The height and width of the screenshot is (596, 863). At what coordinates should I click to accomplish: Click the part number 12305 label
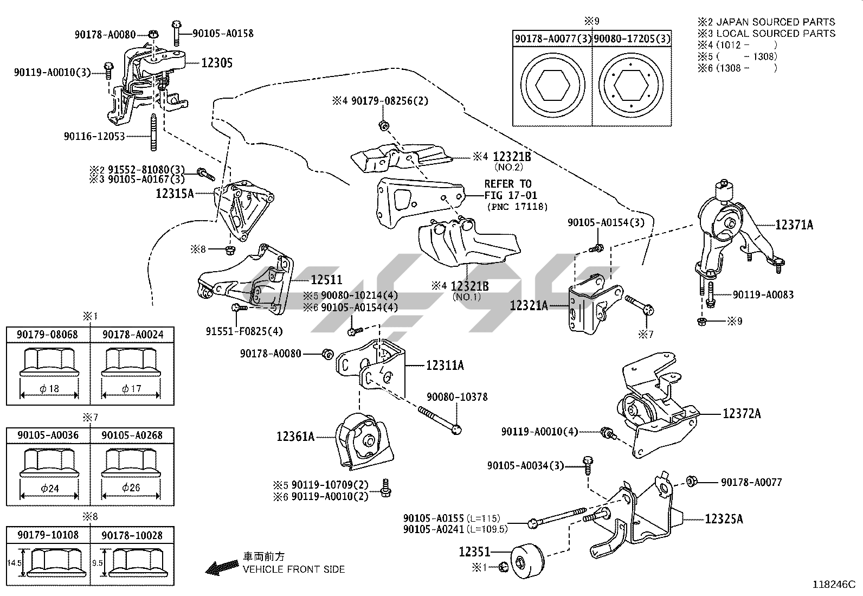(217, 63)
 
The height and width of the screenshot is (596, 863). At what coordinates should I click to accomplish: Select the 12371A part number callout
(794, 225)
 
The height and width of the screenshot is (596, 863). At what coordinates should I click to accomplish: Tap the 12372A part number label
(741, 414)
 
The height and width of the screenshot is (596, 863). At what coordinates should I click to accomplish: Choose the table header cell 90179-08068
(48, 335)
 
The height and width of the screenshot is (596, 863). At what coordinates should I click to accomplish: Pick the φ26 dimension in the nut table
(131, 487)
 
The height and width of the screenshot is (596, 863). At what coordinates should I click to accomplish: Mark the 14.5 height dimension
(14, 563)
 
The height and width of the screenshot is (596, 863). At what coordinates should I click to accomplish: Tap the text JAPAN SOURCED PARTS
(775, 22)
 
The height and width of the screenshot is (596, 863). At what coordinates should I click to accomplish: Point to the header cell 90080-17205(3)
(631, 39)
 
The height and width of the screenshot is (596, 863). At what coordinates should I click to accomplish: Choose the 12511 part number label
(326, 280)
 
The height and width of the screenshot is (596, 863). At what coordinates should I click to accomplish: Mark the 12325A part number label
(724, 519)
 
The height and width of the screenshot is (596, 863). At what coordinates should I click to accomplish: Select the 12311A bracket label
(445, 366)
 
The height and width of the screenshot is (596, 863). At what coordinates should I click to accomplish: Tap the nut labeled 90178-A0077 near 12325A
(692, 481)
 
